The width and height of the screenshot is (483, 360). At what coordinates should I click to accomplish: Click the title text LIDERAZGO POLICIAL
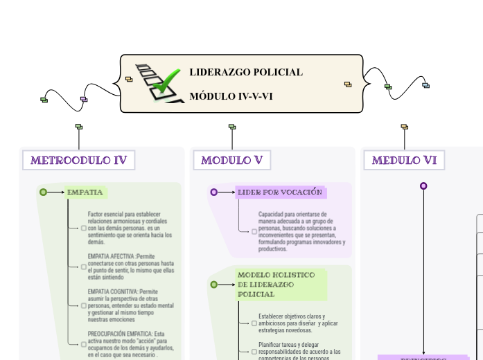246,72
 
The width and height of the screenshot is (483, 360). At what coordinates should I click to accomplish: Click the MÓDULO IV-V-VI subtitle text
231,96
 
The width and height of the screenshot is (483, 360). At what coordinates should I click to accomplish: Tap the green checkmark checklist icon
159,84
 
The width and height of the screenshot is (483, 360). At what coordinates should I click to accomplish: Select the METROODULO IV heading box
78,161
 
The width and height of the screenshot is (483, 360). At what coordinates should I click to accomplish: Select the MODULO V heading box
231,161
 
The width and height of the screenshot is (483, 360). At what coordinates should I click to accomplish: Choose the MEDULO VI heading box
404,161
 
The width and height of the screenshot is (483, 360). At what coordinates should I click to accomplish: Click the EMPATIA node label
85,192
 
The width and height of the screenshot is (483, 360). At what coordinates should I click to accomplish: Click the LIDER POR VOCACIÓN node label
280,192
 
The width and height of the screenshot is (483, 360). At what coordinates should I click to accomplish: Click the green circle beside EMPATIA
43,192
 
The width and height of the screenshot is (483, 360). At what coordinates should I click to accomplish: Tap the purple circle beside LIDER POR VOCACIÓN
213,192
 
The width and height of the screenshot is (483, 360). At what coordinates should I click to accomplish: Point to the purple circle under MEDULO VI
423,186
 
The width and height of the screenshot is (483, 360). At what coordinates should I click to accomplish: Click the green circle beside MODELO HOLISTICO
213,285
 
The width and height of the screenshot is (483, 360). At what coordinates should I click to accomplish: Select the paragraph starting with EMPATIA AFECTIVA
130,267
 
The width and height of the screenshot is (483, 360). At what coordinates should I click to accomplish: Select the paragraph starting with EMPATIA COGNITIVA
130,305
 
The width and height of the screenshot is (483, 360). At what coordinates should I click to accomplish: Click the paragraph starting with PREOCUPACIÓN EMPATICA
130,344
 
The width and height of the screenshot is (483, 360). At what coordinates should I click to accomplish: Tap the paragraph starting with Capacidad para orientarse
301,231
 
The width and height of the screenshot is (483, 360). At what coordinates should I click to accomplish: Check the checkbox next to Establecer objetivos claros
254,323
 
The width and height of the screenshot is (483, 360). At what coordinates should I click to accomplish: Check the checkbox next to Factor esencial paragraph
84,228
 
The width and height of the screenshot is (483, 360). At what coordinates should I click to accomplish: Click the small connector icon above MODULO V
232,127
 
